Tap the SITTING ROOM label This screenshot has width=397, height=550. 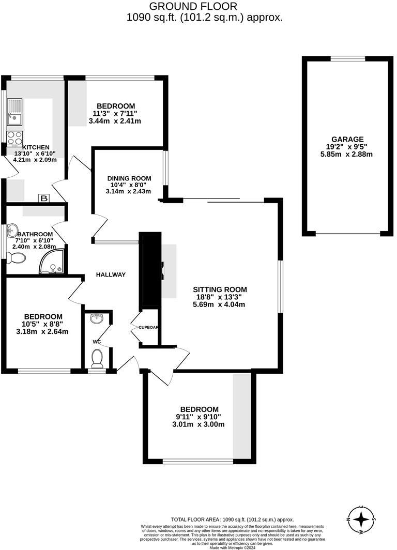(220, 289)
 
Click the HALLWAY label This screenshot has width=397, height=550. (111, 274)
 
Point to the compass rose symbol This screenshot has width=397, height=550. (361, 518)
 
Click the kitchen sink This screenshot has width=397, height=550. (14, 113)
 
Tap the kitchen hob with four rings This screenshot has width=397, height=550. (14, 137)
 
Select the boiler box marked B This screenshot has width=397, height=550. (44, 198)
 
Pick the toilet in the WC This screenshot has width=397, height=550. (96, 356)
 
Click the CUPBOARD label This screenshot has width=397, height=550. (148, 327)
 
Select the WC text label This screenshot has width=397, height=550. (97, 342)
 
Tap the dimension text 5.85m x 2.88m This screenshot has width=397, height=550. (346, 154)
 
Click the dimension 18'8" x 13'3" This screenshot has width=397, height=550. (220, 297)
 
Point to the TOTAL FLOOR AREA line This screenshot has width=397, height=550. (232, 519)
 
